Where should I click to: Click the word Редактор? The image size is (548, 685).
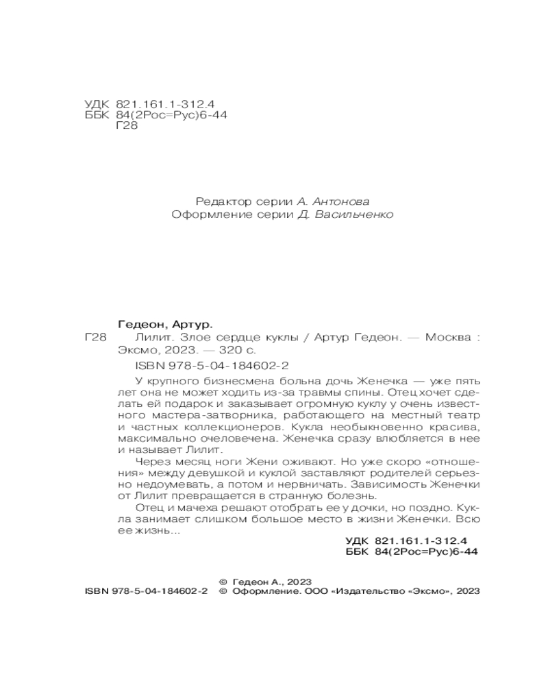click(221, 201)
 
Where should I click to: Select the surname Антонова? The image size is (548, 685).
click(340, 201)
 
